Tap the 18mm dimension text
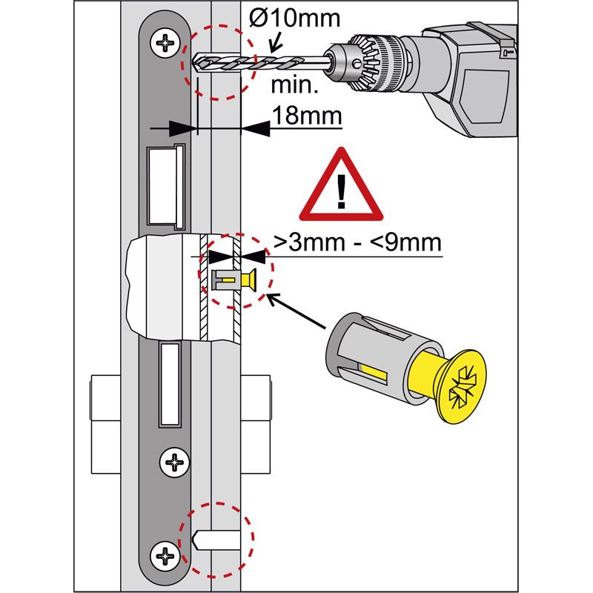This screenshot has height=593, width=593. pyautogui.click(x=306, y=116)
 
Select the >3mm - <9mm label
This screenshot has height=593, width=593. pyautogui.click(x=357, y=242)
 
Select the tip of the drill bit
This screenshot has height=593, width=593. pyautogui.click(x=195, y=62)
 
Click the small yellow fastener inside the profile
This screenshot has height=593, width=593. pyautogui.click(x=236, y=280)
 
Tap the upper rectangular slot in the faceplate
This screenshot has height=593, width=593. pyautogui.click(x=165, y=185)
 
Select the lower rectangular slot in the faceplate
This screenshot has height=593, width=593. pyautogui.click(x=170, y=385)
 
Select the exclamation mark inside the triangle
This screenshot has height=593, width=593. pyautogui.click(x=341, y=191)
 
